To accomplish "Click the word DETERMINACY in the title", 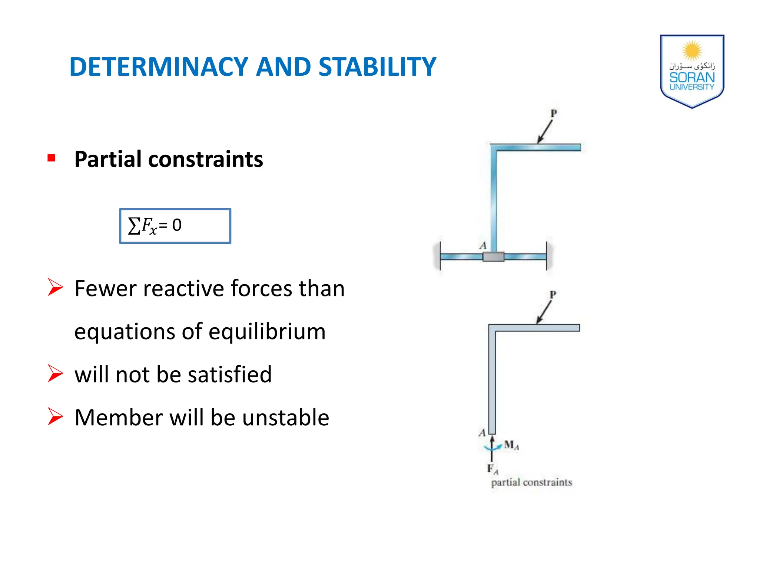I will [159, 67].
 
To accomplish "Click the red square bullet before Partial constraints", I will [52, 158].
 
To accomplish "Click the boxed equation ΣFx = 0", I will [175, 226].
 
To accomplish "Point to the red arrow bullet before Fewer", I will [56, 288].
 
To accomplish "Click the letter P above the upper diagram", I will [554, 114].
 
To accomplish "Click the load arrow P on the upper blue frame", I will [545, 132].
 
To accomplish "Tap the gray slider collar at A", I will [493, 257].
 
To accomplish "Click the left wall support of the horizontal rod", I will [440, 256].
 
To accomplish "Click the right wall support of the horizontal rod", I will [547, 256].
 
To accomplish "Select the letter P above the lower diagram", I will [553, 295].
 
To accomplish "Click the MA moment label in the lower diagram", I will [511, 445].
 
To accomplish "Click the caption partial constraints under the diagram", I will [531, 482].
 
